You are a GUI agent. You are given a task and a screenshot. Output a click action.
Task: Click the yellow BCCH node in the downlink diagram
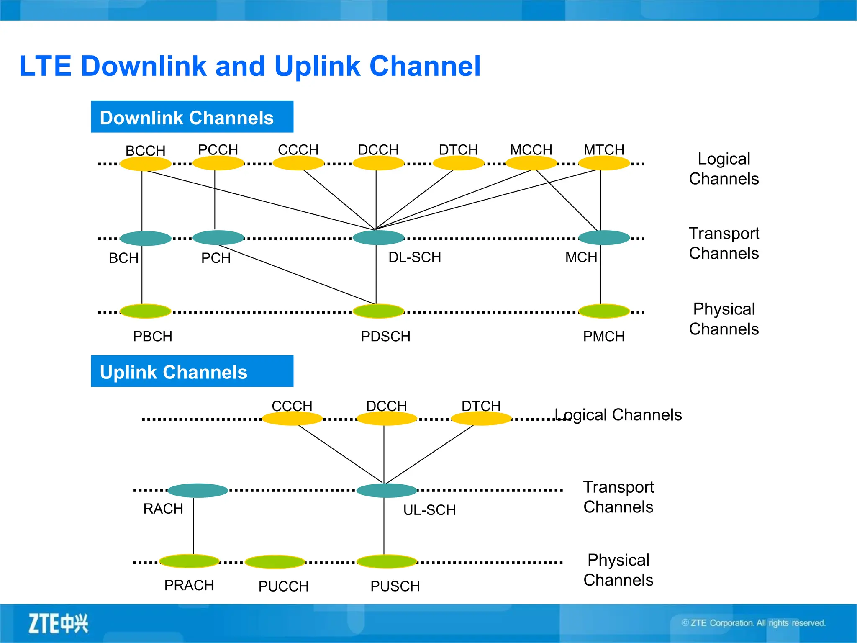point(146,164)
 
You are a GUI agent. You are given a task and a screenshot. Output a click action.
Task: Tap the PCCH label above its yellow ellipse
point(218,149)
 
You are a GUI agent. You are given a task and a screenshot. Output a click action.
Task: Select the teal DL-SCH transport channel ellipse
point(378,238)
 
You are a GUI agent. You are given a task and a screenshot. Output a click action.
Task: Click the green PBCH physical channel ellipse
point(146,311)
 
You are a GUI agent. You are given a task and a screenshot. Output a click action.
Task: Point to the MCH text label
point(581,257)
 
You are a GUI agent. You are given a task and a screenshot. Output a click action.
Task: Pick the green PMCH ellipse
point(604,311)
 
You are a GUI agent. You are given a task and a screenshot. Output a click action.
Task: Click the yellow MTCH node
point(604,163)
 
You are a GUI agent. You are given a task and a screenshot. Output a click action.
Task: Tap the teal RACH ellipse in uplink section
point(198,490)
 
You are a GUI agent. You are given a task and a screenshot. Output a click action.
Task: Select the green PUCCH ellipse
point(275,562)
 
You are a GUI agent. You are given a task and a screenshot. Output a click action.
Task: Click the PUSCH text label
point(395,586)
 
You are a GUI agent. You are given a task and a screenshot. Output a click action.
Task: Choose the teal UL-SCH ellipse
point(387,490)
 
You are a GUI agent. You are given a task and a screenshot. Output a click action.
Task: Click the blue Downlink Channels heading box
point(192,117)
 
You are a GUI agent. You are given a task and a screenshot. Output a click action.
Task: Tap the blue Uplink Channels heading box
point(192,371)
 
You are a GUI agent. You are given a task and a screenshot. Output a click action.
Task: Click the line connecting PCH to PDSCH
point(297,275)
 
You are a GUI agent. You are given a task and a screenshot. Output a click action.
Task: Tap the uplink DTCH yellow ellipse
point(481,419)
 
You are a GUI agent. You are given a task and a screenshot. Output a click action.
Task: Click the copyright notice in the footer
point(753,623)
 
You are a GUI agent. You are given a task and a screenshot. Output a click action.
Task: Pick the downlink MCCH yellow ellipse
point(531,163)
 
